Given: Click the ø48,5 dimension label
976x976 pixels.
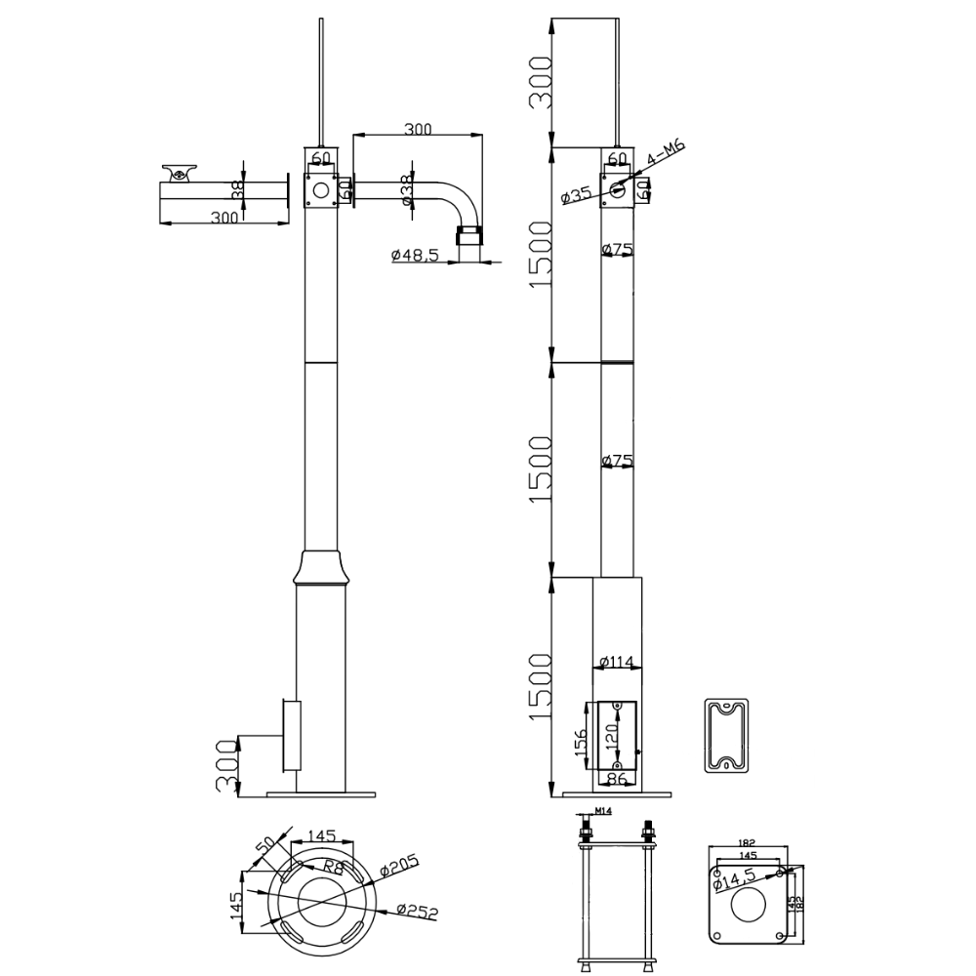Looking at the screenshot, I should pos(415,255).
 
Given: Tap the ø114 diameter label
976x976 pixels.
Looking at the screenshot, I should pos(617,663).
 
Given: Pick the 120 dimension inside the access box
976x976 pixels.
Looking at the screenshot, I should pos(612,734).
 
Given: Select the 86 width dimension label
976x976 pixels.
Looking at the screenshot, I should pos(616,779).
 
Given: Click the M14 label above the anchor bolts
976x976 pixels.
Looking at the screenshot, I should pos(602,811).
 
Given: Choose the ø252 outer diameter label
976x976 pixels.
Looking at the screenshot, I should pos(419,911).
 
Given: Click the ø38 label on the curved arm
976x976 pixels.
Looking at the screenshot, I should pos(408,189).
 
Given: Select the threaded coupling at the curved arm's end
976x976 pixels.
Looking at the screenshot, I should pos(469,236).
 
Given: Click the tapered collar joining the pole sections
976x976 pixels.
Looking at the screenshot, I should pos(321,566).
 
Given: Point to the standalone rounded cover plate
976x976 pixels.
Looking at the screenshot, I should pos(726,735).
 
